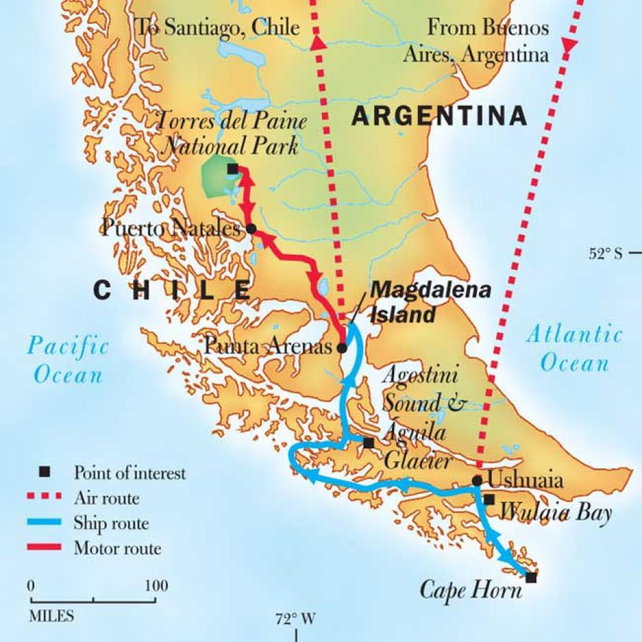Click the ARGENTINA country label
(439, 116)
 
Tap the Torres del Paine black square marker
(233, 168)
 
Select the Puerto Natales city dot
(251, 229)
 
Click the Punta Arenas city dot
(342, 347)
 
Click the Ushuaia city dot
(478, 480)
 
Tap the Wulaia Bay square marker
(489, 499)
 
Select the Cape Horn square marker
(531, 577)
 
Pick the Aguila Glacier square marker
(368, 443)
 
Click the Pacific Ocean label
(67, 360)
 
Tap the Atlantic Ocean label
(574, 347)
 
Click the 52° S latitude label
(605, 254)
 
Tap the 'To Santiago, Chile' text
(217, 27)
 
